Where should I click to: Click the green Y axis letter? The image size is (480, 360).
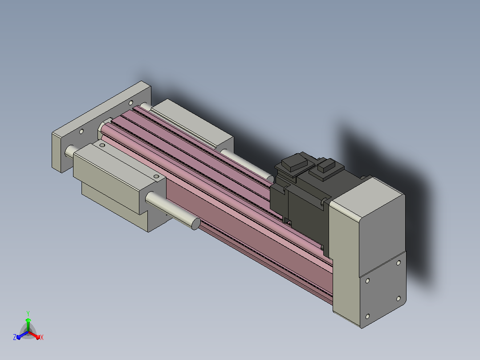28,313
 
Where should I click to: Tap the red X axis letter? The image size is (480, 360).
42,337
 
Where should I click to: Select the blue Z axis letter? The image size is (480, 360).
15,337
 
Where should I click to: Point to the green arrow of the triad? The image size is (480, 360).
28,324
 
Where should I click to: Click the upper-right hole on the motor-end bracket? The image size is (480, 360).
399,263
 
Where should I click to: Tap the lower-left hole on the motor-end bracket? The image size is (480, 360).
367,316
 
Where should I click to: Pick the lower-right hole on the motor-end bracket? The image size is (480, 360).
398,299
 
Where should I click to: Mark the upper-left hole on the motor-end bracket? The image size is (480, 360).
367,281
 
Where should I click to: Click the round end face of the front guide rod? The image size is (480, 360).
196,224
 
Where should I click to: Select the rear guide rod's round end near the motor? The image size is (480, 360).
270,179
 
